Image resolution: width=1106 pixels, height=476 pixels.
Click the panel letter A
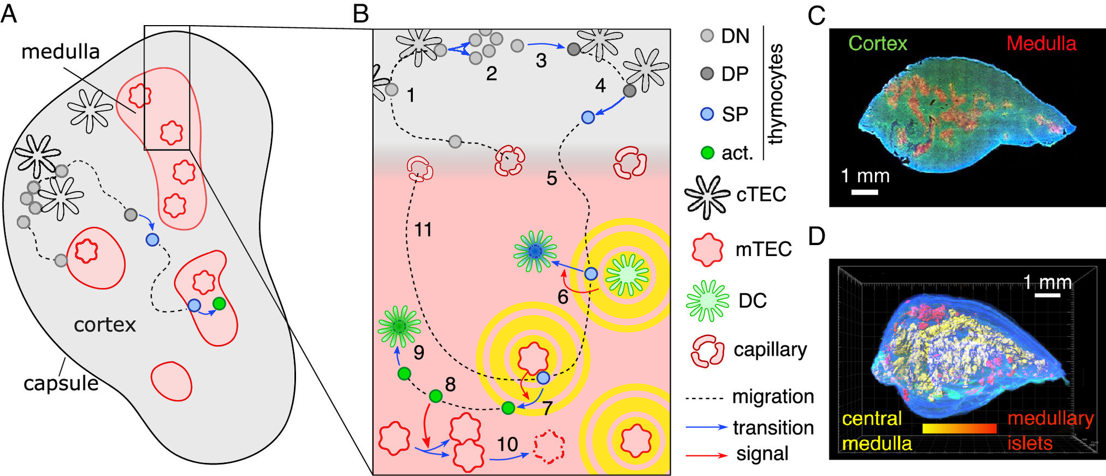coord(9,13)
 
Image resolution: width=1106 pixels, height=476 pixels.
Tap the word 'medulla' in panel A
coord(61,52)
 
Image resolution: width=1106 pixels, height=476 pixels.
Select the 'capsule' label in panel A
coord(61,383)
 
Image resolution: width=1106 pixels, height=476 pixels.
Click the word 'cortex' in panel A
coord(105,325)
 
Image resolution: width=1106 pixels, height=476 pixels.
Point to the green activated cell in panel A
coord(219,304)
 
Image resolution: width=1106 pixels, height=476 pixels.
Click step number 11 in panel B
coord(423,230)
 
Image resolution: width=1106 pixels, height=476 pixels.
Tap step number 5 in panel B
coord(552,178)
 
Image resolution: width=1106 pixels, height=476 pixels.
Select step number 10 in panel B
coord(507,444)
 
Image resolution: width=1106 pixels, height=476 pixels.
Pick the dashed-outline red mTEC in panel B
coord(549,448)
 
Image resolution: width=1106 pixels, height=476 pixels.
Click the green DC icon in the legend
coord(707,300)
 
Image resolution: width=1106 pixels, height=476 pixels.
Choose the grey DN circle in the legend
coord(707,36)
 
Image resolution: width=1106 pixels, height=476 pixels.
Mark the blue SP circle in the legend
coord(707,114)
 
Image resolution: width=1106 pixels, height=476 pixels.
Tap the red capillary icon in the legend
coord(707,350)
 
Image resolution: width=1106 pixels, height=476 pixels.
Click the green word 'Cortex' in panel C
coord(878,44)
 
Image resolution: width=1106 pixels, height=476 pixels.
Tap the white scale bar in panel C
coord(865,192)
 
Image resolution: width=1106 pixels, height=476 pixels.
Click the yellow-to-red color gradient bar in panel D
coord(959,429)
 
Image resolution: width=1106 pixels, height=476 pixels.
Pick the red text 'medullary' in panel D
coord(1050,419)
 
